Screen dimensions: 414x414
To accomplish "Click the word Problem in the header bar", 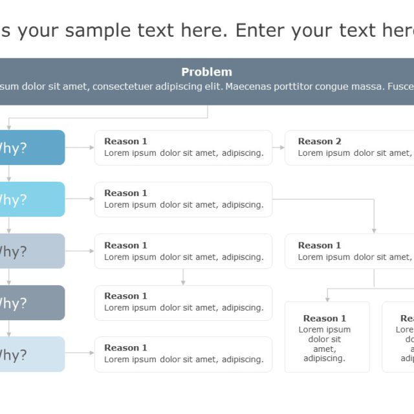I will click(206, 72).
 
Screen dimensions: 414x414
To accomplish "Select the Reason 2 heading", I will click(320, 141).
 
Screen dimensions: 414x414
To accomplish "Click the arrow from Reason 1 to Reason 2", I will click(278, 147).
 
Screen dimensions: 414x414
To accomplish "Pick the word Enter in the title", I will click(261, 30).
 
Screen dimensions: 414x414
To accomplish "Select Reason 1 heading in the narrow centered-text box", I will click(324, 318).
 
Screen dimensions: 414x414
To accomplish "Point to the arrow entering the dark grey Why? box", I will click(8, 280).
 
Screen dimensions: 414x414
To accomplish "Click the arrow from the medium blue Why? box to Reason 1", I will click(80, 147).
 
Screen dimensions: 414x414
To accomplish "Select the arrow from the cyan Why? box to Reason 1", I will click(80, 199).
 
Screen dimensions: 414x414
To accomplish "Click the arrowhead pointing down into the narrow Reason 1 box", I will click(327, 298).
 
